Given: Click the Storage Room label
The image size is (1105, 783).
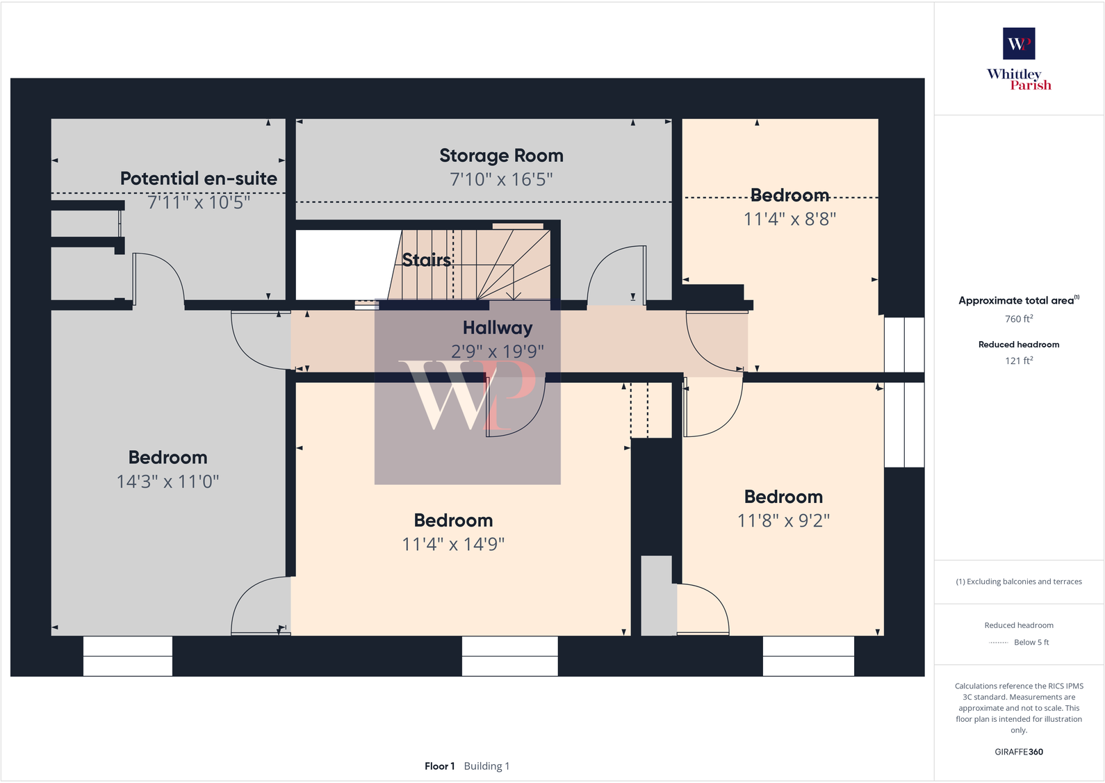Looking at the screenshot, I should (501, 156).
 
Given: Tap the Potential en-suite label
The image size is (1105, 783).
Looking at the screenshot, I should (199, 179).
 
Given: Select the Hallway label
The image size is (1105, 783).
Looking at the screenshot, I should (498, 327).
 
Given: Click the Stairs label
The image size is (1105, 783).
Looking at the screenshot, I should (427, 260).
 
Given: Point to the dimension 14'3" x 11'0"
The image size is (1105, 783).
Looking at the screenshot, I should (167, 481).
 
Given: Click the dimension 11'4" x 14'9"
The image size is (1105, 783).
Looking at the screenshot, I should (453, 544).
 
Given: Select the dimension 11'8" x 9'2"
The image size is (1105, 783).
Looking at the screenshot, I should (783, 520).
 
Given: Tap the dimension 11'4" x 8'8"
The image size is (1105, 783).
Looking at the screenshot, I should (789, 219).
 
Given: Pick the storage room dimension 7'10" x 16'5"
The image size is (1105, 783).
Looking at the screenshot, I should (501, 179).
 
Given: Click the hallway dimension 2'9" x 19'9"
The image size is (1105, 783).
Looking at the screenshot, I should (498, 352).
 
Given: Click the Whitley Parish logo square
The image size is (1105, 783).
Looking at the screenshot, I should (1019, 43).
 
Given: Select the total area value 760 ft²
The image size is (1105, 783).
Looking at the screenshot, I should (1019, 319).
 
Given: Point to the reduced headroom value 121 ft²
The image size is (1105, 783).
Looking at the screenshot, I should (1019, 361).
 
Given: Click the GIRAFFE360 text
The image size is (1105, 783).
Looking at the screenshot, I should (1019, 752).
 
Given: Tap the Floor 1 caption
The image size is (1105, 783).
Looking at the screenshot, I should (439, 766).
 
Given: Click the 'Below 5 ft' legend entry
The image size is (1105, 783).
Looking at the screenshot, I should (1031, 643).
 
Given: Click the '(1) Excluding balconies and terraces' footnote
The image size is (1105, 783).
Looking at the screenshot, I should (1019, 582).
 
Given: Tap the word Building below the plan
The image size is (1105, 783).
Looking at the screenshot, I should (483, 766).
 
